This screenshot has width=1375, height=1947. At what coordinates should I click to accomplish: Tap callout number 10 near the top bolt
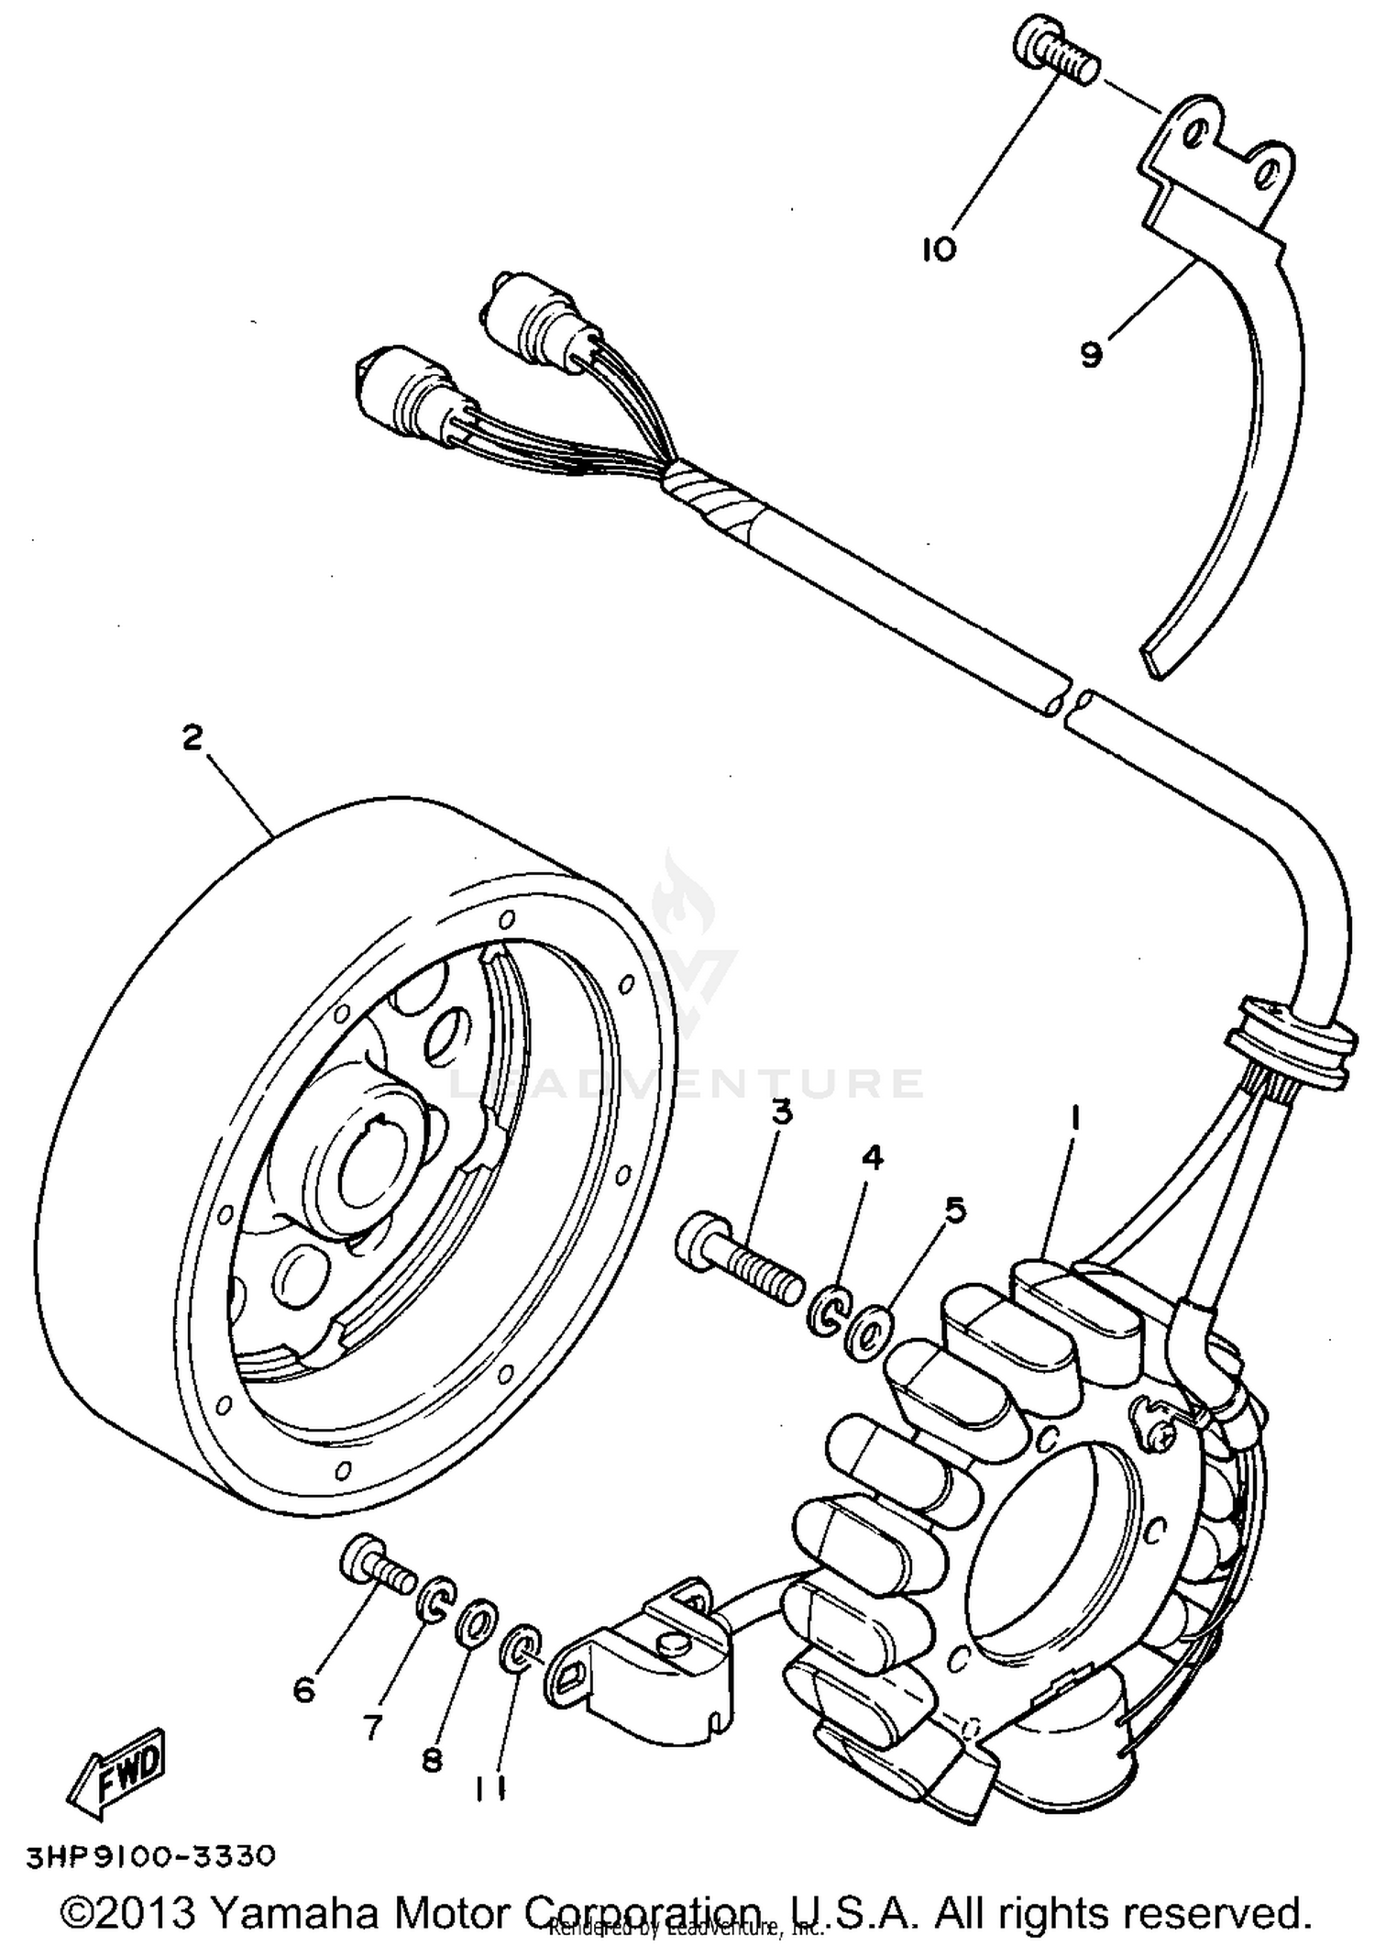click(939, 249)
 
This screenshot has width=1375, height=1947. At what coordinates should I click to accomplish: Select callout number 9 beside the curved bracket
click(1090, 355)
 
